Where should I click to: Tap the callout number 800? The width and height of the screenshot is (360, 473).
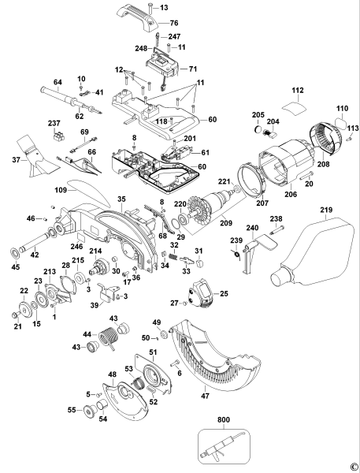(x=227, y=422)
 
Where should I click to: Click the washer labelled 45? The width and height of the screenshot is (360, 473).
(x=13, y=255)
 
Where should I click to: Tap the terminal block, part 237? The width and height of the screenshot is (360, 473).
(x=56, y=136)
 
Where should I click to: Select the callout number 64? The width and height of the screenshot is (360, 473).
(x=58, y=82)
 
